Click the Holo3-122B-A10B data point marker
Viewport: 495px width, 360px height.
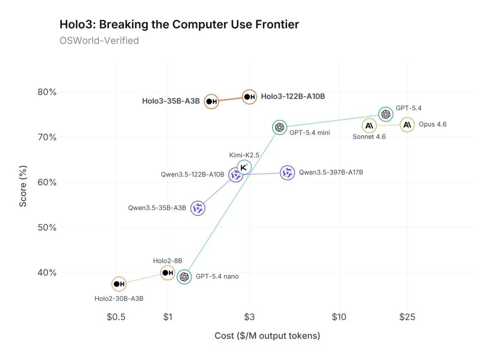tap(249, 97)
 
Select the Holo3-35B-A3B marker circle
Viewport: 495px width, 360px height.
tap(211, 101)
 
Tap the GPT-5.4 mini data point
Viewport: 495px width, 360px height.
tap(279, 127)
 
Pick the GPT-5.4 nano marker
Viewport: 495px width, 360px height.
tap(184, 277)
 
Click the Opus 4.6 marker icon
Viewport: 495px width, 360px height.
tap(407, 125)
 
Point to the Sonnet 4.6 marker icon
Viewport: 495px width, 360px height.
tap(369, 126)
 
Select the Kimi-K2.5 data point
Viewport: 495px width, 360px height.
tap(244, 167)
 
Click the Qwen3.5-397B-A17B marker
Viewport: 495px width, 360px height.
tap(287, 173)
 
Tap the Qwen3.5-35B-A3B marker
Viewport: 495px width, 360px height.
tap(198, 208)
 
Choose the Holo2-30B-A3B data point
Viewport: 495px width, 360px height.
tap(119, 284)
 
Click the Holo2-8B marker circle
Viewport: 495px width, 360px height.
tap(168, 273)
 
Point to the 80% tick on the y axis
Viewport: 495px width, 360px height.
tap(47, 92)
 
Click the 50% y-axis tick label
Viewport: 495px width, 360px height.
tap(47, 227)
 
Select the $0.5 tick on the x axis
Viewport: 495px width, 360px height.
tap(116, 317)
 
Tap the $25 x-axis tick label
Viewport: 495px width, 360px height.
tap(407, 317)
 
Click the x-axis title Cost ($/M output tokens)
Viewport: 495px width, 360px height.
tap(267, 336)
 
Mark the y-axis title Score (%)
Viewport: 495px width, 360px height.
tap(23, 182)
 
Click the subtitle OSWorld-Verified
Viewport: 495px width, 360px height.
tap(99, 41)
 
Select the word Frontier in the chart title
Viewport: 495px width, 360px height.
tap(278, 24)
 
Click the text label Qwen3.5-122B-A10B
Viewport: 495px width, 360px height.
tap(192, 175)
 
